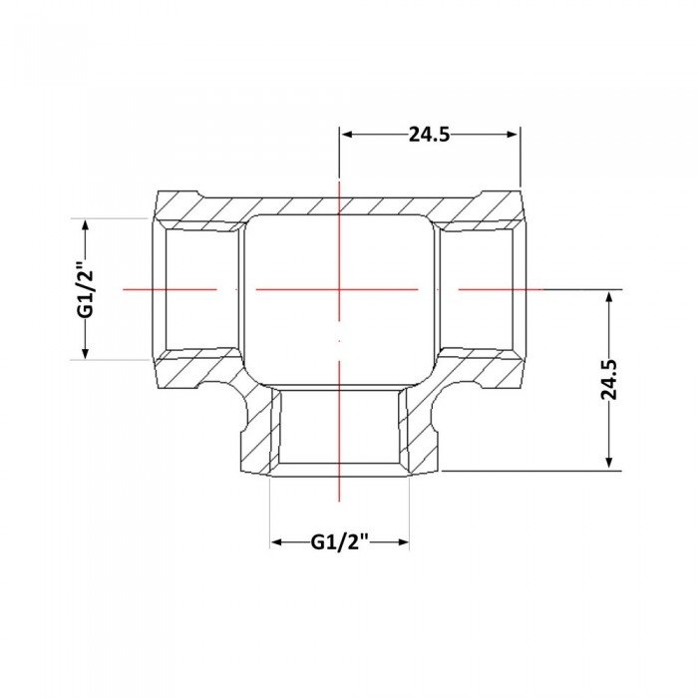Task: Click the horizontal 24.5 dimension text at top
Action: pyautogui.click(x=429, y=134)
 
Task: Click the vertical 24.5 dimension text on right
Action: pyautogui.click(x=609, y=379)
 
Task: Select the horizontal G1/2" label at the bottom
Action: pyautogui.click(x=340, y=541)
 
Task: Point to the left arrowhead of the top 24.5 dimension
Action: pyautogui.click(x=346, y=134)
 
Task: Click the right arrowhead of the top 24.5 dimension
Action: pyautogui.click(x=513, y=134)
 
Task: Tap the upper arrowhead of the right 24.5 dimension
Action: pyautogui.click(x=609, y=296)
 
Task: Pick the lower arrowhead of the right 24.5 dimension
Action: pyautogui.click(x=609, y=464)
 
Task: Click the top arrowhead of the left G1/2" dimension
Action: pyautogui.click(x=86, y=225)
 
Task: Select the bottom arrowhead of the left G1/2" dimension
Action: pyautogui.click(x=86, y=353)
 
